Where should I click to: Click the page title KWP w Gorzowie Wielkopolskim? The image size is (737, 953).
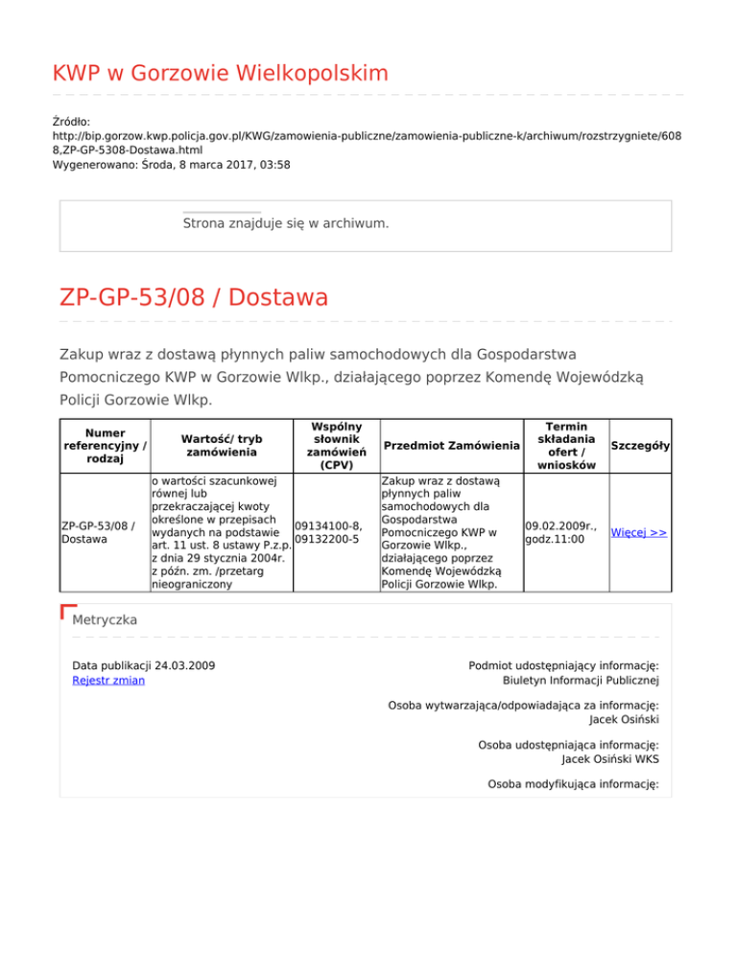point(221,73)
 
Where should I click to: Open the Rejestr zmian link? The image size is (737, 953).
point(109,681)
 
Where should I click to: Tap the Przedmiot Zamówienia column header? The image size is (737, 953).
point(446,446)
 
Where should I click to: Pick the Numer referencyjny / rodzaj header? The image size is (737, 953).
point(103,445)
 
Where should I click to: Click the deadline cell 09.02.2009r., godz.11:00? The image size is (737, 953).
point(561,532)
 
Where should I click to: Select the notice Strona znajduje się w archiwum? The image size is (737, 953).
point(286,223)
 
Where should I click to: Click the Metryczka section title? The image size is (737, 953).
point(105,620)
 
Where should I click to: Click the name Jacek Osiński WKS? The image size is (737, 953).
point(596,759)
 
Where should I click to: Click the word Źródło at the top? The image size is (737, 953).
point(71,122)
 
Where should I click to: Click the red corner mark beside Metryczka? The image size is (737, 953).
point(67,611)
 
